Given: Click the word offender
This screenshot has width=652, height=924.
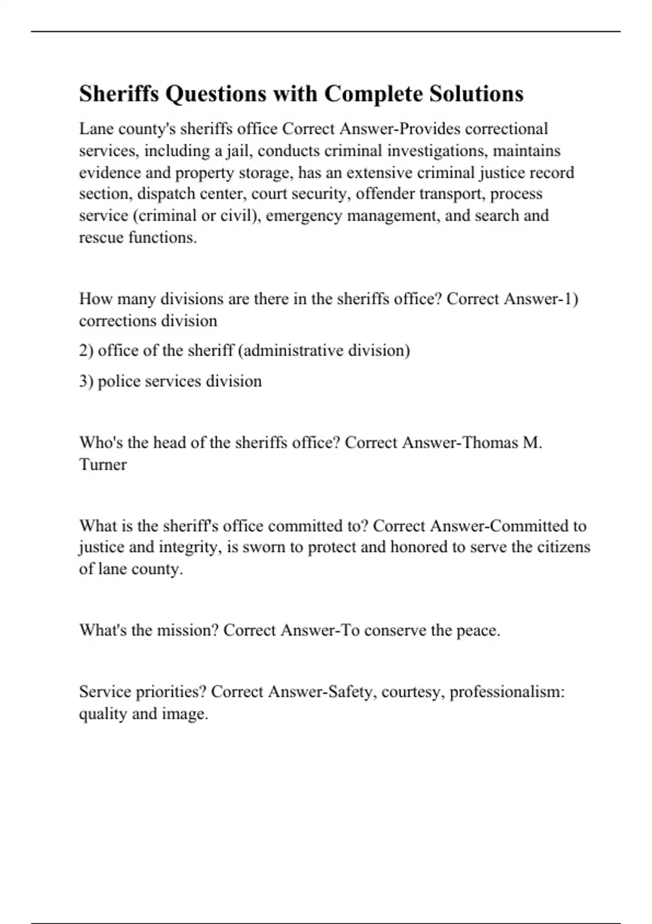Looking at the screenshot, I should pyautogui.click(x=385, y=194).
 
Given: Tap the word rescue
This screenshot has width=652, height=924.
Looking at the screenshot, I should pyautogui.click(x=101, y=238).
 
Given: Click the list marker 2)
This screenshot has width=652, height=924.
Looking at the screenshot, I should pyautogui.click(x=86, y=351).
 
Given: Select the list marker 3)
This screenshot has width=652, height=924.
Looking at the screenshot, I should pyautogui.click(x=86, y=381).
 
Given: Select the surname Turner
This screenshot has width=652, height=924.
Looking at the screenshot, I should pyautogui.click(x=103, y=464).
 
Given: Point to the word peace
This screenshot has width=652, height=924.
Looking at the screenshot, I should pyautogui.click(x=478, y=630).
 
